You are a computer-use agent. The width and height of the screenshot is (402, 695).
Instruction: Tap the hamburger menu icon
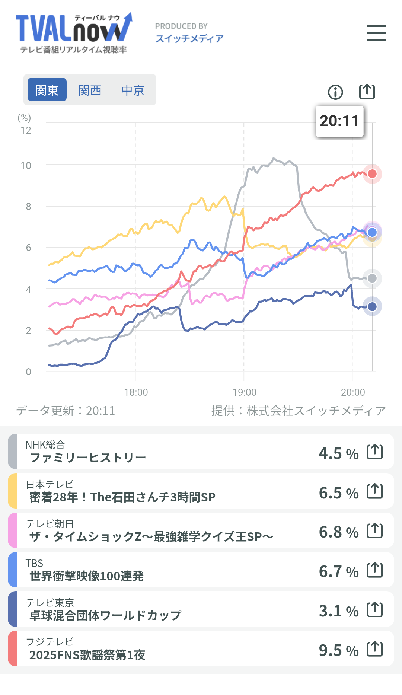[376, 33]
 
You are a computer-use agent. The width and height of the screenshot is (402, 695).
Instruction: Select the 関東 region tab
[47, 90]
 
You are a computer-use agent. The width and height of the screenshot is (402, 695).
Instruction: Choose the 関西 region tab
[90, 90]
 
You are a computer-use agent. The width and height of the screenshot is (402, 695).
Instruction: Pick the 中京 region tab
[133, 90]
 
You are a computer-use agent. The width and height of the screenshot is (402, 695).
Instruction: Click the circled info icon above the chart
[335, 92]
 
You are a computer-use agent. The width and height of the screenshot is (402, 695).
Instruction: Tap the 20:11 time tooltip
[339, 121]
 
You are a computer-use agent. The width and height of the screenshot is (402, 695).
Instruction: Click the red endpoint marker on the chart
[372, 174]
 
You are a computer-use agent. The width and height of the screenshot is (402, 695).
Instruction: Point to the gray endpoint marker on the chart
[372, 278]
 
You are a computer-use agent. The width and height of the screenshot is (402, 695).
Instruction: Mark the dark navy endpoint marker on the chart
[372, 306]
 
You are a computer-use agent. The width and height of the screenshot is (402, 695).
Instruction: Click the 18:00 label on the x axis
[136, 392]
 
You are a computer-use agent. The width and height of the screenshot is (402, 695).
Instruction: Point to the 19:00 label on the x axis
[244, 392]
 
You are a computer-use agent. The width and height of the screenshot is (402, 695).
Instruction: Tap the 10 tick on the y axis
[26, 166]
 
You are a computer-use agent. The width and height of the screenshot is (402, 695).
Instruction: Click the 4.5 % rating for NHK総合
[338, 453]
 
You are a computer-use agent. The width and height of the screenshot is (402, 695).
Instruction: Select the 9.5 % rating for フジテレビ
[338, 650]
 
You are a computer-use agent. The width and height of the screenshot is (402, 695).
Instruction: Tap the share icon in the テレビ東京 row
[375, 609]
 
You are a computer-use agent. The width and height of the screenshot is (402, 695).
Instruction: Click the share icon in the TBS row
[375, 570]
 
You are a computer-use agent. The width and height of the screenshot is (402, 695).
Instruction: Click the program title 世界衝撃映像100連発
[86, 576]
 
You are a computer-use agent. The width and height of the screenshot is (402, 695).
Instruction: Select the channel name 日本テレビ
[50, 484]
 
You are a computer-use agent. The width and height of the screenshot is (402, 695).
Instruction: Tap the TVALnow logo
[73, 33]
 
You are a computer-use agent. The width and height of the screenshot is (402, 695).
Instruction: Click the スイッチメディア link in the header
[189, 38]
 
